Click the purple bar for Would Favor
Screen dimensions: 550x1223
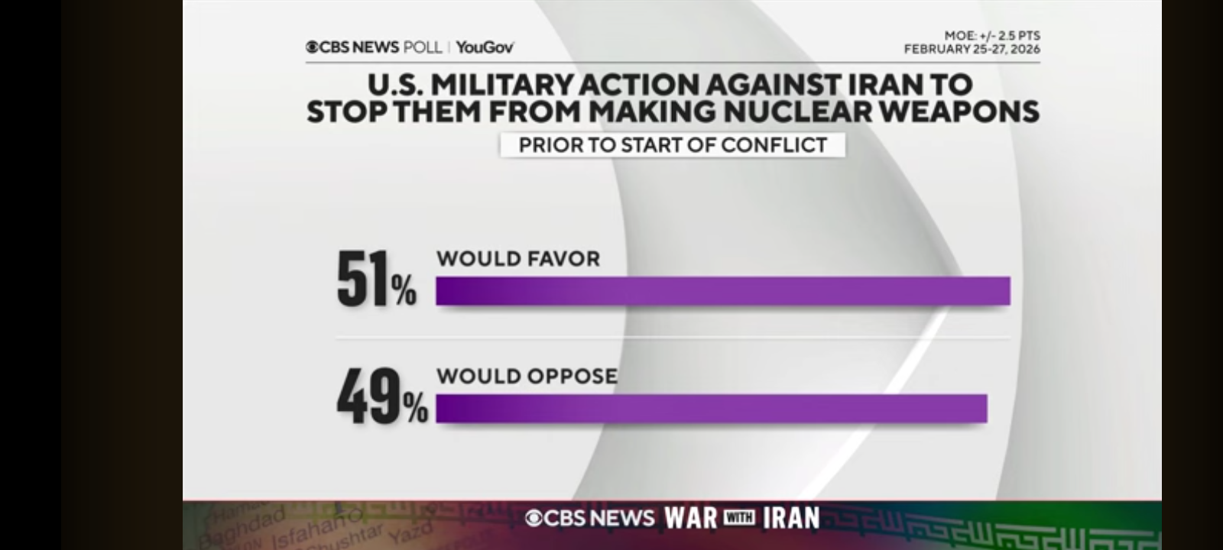[722, 291]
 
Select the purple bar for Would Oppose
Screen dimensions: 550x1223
[711, 409]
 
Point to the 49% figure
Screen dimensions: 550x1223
[381, 397]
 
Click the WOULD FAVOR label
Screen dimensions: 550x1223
[518, 259]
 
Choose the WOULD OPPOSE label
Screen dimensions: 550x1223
[527, 376]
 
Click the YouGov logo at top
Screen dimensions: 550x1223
[485, 47]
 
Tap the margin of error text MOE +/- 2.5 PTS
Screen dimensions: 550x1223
[991, 36]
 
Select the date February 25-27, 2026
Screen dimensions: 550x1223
[972, 49]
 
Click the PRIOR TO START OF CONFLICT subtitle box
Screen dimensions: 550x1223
[673, 145]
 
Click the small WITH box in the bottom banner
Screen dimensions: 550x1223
[739, 518]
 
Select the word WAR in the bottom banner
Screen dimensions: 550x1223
[691, 518]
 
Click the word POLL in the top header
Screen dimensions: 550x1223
[423, 47]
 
